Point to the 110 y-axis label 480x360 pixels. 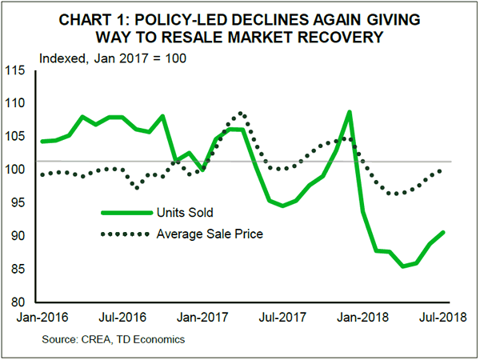coord(24,104)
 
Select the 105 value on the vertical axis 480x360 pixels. coord(24,137)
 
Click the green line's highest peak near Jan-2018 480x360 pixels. coord(350,112)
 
